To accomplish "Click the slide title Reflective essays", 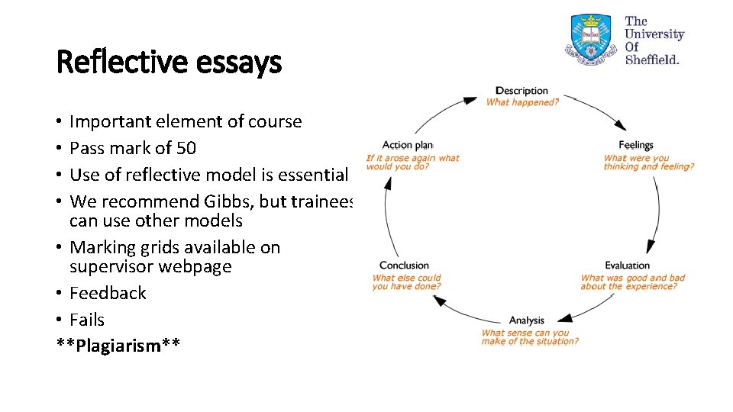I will pyautogui.click(x=169, y=62).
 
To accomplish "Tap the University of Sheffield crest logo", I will pyautogui.click(x=591, y=38).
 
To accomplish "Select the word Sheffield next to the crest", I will pyautogui.click(x=651, y=60).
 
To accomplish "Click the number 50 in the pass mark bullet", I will pyautogui.click(x=186, y=148).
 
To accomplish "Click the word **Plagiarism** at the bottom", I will pyautogui.click(x=118, y=346).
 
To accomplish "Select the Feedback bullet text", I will pyautogui.click(x=108, y=293).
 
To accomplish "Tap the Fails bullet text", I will pyautogui.click(x=87, y=320).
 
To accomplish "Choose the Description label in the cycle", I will pyautogui.click(x=521, y=91).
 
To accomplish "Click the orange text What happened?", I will pyautogui.click(x=522, y=101).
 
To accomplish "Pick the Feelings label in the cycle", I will pyautogui.click(x=636, y=145).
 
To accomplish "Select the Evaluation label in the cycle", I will pyautogui.click(x=627, y=266).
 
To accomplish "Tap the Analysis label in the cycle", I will pyautogui.click(x=527, y=320).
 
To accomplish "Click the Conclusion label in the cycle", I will pyautogui.click(x=404, y=266).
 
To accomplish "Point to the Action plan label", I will pyautogui.click(x=408, y=145).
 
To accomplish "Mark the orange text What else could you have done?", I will pyautogui.click(x=406, y=282).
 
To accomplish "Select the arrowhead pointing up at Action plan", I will pyautogui.click(x=388, y=182).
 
